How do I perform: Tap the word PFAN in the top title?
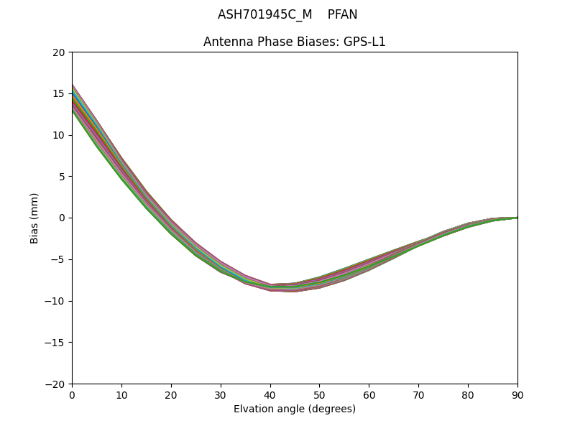pos(342,14)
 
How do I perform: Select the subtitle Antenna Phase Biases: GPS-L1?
pos(295,42)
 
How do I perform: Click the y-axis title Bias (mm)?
pos(34,218)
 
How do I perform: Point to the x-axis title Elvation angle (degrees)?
pos(295,409)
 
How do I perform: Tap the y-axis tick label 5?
pos(62,177)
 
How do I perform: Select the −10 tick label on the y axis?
pos(55,301)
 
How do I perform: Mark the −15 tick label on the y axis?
pos(55,343)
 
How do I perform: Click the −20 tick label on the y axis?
pos(55,384)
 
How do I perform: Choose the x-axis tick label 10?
pos(121,395)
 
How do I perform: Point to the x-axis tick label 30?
pos(221,395)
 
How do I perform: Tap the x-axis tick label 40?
pos(270,395)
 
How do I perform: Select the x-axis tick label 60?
pos(369,395)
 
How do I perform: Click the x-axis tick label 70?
pos(418,395)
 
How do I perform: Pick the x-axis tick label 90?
pos(517,395)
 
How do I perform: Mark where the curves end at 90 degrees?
pos(517,218)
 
